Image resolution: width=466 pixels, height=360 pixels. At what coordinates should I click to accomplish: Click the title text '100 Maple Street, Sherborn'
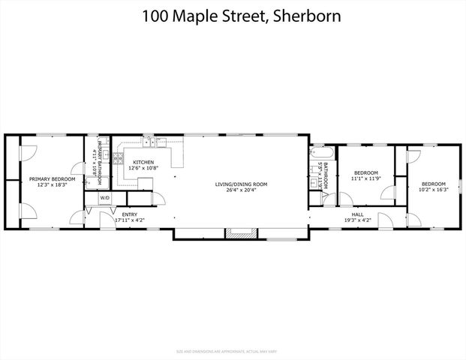pos(233,16)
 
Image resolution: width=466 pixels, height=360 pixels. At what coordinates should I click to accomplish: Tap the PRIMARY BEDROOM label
pos(53,179)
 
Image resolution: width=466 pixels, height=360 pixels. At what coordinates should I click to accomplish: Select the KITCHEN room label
pos(143,162)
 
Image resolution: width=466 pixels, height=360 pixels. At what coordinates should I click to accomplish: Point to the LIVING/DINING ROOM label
pos(241,184)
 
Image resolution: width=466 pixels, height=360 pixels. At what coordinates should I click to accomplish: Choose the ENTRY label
pos(129,214)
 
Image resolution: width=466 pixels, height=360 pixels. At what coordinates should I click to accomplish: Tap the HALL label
pos(359,214)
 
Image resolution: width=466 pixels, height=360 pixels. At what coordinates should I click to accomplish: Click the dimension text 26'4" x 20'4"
pos(241,190)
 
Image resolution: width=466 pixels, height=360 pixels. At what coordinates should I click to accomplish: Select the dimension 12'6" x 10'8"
pos(143,168)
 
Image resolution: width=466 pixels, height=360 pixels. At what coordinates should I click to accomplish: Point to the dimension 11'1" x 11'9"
pos(367,178)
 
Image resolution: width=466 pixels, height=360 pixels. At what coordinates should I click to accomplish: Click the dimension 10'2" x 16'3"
pos(433,190)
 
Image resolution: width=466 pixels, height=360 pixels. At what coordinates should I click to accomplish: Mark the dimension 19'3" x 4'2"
pos(359,220)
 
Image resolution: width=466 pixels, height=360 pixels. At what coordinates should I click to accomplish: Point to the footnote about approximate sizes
pos(233,351)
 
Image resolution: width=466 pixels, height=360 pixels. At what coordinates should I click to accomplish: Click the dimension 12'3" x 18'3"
pos(53,184)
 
